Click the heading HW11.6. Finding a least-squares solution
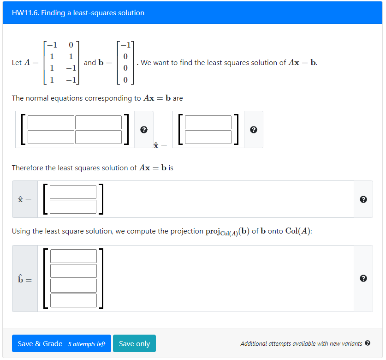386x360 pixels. coord(78,13)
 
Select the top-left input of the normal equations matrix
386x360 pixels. coord(51,122)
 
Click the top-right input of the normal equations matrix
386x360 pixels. coord(98,122)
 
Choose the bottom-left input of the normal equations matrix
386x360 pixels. coord(51,137)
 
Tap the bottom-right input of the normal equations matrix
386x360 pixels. coord(98,137)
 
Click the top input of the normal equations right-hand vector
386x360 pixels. coord(208,122)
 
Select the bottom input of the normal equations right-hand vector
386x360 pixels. coord(208,137)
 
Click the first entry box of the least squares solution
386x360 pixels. coord(73,192)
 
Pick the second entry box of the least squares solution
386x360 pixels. coord(73,206)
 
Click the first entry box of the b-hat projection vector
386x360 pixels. coord(74,256)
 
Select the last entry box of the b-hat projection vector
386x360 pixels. coord(74,300)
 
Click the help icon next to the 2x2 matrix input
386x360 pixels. coord(143,130)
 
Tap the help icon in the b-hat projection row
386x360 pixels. coord(363,278)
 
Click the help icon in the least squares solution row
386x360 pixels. coord(363,199)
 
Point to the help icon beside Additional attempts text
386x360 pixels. coord(368,343)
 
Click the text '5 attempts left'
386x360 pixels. coord(87,344)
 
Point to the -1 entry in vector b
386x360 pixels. coord(125,45)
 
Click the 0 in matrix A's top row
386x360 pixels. coord(70,45)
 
